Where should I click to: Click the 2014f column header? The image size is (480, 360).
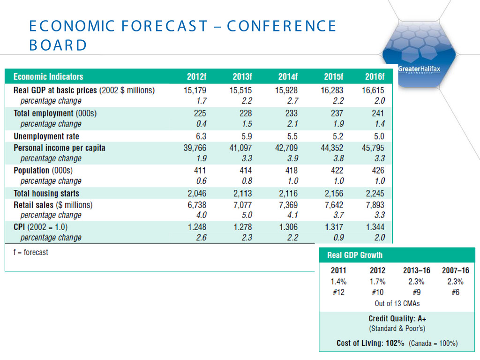point(288,76)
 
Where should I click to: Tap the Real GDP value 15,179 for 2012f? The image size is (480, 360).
point(195,90)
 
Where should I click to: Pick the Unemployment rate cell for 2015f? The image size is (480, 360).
point(337,136)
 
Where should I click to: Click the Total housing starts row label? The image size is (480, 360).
point(46,193)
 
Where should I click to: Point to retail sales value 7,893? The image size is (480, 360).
point(375,205)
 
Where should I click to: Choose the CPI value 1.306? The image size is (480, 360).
point(288,227)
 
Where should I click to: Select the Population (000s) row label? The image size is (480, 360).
point(43,170)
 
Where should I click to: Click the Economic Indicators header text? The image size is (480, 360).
point(48,76)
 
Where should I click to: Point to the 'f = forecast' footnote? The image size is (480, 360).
point(31,252)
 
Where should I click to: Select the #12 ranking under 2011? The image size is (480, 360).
point(338,292)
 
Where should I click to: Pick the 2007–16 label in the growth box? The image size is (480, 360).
point(455,270)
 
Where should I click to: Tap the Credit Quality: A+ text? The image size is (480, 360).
point(397,318)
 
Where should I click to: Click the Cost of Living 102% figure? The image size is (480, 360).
point(395,343)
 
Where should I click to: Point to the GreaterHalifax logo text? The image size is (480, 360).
point(419,69)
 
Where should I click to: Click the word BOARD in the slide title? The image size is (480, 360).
point(58,45)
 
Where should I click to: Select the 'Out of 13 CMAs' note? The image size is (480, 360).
point(397,303)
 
